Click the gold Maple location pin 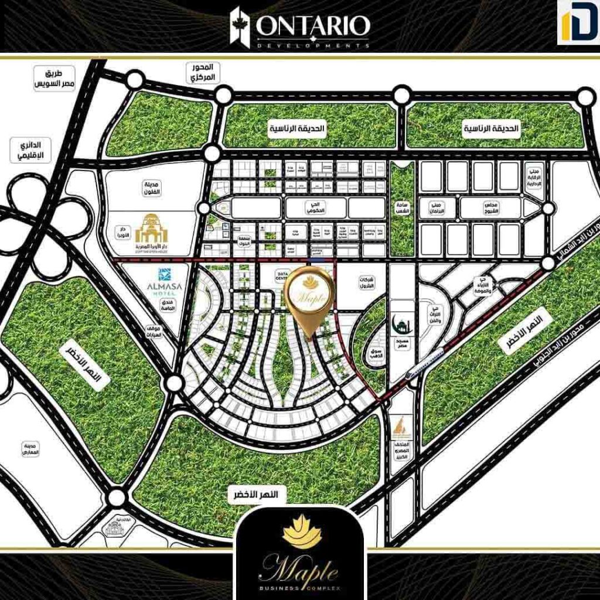click(x=309, y=296)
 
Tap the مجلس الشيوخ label click(x=490, y=207)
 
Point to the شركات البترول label click(x=367, y=284)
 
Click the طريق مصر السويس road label click(x=56, y=79)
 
